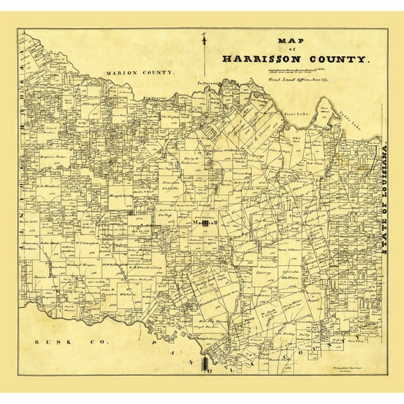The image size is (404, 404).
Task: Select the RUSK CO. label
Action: tap(49, 342)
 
